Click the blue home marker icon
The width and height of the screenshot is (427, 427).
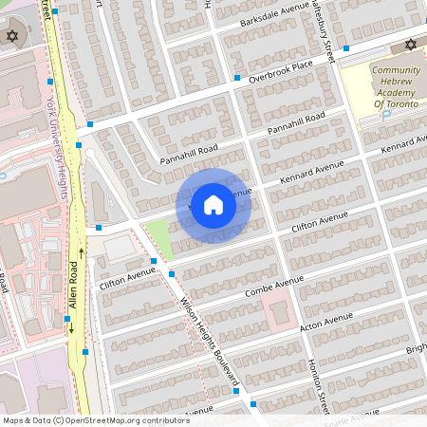click(213, 204)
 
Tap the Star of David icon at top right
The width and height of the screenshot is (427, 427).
click(411, 45)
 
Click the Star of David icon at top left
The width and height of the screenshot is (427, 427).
click(12, 36)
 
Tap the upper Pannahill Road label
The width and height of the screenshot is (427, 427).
click(295, 122)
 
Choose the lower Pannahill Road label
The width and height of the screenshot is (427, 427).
click(189, 154)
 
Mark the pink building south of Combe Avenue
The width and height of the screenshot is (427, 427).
click(275, 308)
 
